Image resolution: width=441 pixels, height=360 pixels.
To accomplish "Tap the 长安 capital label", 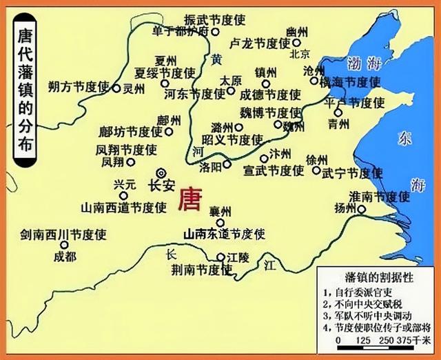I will [164, 186].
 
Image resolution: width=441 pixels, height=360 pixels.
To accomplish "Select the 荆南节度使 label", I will [190, 270].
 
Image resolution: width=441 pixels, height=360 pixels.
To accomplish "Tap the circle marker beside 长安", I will [161, 173].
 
